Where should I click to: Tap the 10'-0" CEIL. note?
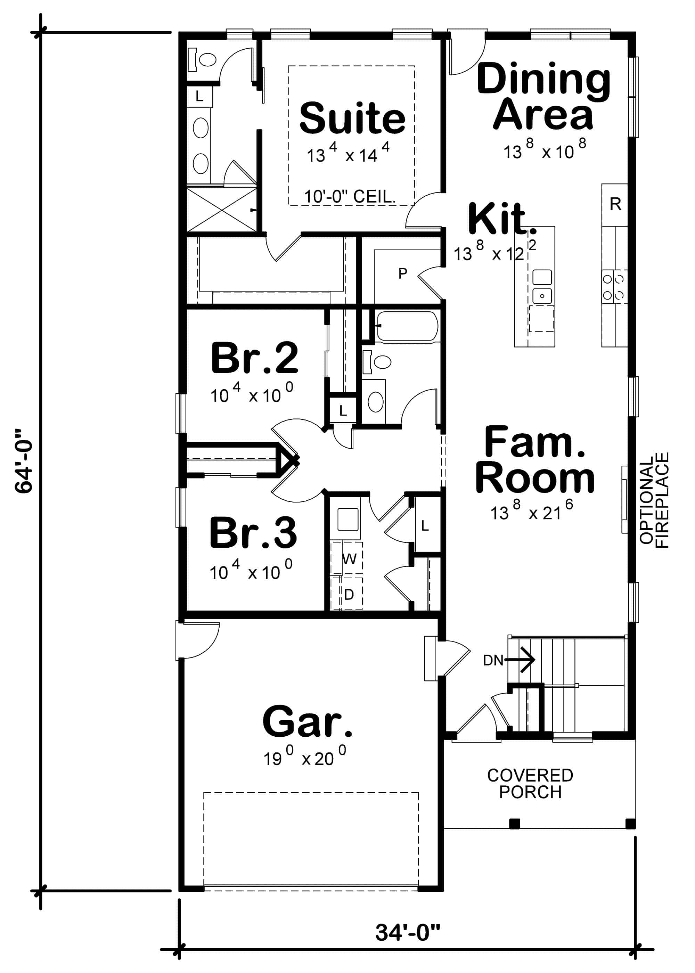[x=349, y=197]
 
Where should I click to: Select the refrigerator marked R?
[x=615, y=205]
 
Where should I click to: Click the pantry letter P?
[x=402, y=273]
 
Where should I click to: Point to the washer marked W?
[x=349, y=558]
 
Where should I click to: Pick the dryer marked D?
[x=349, y=594]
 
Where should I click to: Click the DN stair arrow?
[x=520, y=660]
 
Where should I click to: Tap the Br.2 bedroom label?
[x=254, y=358]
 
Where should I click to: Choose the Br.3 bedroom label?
[x=253, y=533]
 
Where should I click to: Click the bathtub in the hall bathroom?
[x=407, y=326]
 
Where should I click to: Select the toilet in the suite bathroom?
[x=203, y=59]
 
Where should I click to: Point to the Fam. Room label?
[x=535, y=460]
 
